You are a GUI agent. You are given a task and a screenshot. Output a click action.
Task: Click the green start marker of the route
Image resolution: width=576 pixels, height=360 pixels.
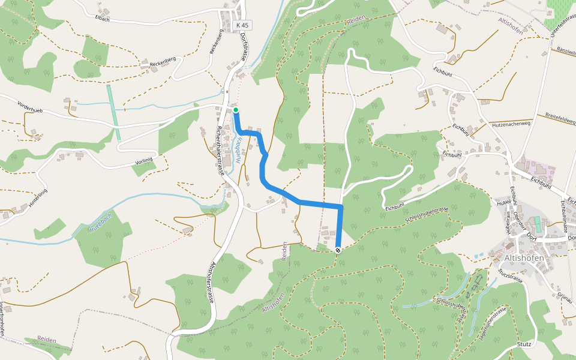[x=236, y=110]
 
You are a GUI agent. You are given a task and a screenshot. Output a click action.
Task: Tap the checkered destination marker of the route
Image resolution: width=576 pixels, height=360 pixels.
[x=338, y=250]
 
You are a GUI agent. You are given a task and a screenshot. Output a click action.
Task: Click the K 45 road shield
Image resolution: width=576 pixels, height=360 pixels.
[x=242, y=25]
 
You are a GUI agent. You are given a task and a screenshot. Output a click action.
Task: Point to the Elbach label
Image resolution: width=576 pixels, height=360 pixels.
[x=102, y=18]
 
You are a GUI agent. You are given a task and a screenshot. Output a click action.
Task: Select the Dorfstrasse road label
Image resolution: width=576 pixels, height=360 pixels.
[x=244, y=47]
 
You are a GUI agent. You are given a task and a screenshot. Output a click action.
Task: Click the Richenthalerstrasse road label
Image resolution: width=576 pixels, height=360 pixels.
[x=220, y=150]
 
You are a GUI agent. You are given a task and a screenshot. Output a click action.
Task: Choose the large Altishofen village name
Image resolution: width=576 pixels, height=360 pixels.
[x=524, y=258]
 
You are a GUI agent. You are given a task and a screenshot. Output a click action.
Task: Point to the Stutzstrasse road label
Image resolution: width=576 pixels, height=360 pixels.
[x=510, y=276]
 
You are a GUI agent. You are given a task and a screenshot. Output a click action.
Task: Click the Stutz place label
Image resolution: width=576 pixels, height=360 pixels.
[x=524, y=345]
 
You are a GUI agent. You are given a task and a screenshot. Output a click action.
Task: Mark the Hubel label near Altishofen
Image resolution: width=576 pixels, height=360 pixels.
[x=503, y=203]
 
